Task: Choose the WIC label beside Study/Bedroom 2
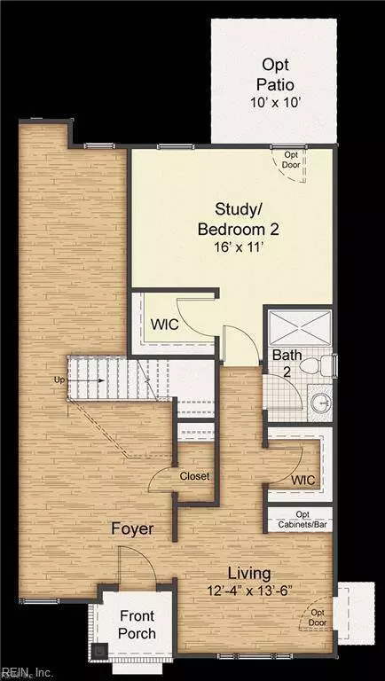pos(164,325)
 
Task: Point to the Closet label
pos(194,476)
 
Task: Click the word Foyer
pos(132,529)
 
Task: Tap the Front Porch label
pos(138,625)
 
